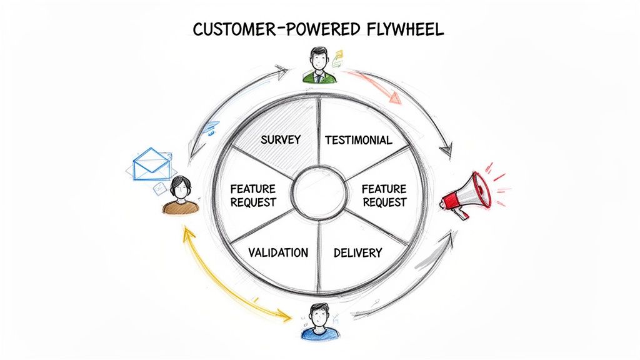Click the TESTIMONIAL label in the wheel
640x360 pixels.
tap(359, 140)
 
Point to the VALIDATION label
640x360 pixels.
tap(278, 252)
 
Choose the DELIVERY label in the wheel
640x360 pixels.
tap(357, 252)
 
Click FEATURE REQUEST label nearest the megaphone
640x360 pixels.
tap(384, 195)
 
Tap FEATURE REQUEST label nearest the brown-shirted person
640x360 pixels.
tap(253, 195)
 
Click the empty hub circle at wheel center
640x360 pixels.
tap(319, 192)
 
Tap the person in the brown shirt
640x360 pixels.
tap(181, 196)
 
